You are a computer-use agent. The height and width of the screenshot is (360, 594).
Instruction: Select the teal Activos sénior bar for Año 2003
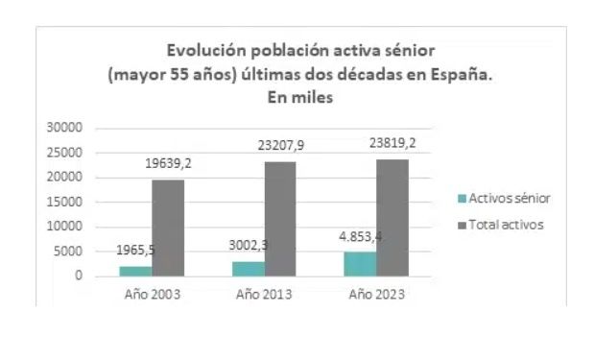pyautogui.click(x=135, y=271)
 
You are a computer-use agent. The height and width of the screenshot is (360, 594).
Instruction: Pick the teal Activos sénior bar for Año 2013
pyautogui.click(x=248, y=269)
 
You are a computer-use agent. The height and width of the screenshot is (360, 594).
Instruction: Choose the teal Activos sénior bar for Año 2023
pyautogui.click(x=361, y=264)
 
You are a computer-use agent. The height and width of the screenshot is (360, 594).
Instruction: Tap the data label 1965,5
pyautogui.click(x=136, y=251)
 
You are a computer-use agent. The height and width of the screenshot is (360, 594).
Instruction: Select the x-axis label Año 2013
pyautogui.click(x=264, y=293)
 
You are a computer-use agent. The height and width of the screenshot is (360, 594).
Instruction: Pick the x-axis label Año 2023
pyautogui.click(x=377, y=293)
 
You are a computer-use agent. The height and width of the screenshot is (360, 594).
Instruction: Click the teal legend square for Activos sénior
pyautogui.click(x=461, y=199)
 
